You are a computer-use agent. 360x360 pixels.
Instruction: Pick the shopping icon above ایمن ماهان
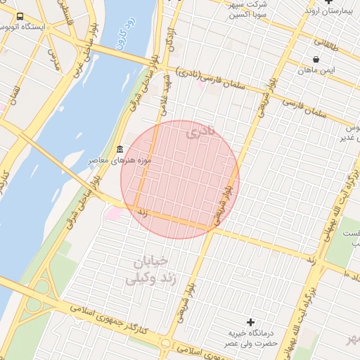click(316, 59)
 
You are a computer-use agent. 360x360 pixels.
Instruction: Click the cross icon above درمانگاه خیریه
click(250, 321)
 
